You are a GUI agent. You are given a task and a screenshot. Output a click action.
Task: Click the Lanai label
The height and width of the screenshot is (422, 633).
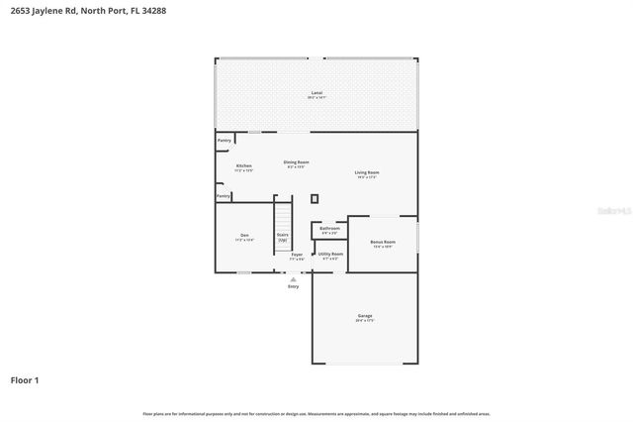coord(316,94)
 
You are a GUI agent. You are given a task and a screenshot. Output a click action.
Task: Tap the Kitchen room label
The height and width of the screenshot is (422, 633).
coord(243,166)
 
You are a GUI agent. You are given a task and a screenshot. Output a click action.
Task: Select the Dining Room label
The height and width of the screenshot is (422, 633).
coord(297,162)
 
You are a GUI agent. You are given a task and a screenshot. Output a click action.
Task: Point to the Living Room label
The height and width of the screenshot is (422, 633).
coord(367,173)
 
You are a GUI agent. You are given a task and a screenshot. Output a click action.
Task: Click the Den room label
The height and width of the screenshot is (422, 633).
coord(244,237)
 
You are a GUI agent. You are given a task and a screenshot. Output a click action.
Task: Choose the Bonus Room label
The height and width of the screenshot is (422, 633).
coord(383,243)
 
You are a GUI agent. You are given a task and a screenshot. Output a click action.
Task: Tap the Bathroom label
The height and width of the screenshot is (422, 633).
coord(329,229)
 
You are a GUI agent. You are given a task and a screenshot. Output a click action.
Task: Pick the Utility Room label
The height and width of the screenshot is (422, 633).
coord(330,255)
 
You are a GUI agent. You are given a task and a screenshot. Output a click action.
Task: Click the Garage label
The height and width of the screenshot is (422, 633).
coord(365,317)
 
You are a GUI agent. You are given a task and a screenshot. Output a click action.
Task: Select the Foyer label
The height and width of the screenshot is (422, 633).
coord(296,256)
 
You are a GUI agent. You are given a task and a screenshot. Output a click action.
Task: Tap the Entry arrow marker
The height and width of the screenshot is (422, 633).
coord(293,279)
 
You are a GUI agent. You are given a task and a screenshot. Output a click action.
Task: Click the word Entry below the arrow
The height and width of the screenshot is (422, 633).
coord(293,286)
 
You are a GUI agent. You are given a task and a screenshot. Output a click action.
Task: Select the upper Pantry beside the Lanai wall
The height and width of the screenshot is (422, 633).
coord(225,141)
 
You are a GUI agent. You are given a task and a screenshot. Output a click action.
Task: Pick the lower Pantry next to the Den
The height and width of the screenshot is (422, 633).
coord(225,196)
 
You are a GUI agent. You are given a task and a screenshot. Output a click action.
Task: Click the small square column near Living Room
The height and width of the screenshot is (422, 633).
coord(315,198)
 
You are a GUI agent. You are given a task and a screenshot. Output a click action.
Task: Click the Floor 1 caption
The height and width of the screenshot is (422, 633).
coord(25,379)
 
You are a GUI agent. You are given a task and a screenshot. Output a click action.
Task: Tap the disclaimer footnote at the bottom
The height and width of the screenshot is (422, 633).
coord(316,413)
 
